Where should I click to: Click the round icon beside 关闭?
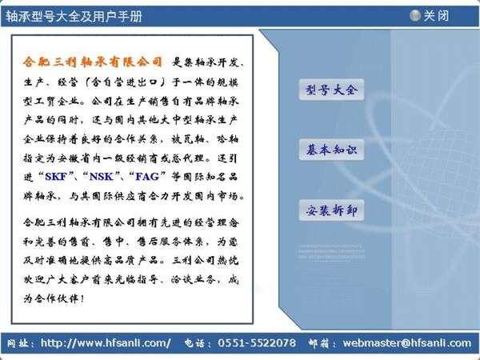click(x=415, y=15)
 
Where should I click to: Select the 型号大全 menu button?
click(x=331, y=90)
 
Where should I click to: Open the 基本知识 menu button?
click(x=331, y=150)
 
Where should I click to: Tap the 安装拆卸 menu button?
click(x=331, y=211)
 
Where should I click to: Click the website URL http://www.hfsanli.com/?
click(x=106, y=343)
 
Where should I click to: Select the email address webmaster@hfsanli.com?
click(x=407, y=343)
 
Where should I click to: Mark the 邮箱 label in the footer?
click(x=320, y=343)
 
